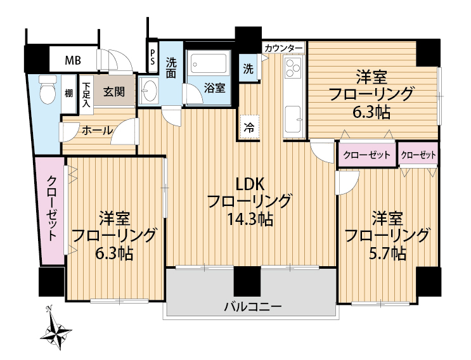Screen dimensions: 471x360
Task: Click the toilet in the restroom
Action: (x=48, y=89)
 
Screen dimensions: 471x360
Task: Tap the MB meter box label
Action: (x=73, y=61)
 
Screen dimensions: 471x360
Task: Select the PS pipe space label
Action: (x=153, y=57)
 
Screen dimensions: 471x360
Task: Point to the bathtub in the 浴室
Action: (x=209, y=63)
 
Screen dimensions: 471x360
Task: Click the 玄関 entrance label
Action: (x=114, y=92)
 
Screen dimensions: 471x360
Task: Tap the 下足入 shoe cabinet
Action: (x=86, y=94)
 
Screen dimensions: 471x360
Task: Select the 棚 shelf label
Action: (x=69, y=93)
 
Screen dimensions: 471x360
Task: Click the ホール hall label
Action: (x=97, y=131)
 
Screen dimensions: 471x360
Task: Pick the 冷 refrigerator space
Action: (x=249, y=127)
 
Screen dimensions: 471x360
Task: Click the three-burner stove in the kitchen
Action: (x=293, y=68)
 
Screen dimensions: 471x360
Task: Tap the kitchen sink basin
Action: (x=293, y=119)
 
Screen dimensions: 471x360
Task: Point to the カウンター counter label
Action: (x=283, y=48)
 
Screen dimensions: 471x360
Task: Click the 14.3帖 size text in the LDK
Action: (x=250, y=219)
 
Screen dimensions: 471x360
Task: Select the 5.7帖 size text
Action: (x=387, y=254)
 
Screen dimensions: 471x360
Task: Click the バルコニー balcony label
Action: (x=253, y=307)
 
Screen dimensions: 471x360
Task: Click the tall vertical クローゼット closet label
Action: (x=52, y=209)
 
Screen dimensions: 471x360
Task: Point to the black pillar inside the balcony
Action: (x=247, y=281)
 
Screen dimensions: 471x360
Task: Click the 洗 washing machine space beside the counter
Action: (x=248, y=69)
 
